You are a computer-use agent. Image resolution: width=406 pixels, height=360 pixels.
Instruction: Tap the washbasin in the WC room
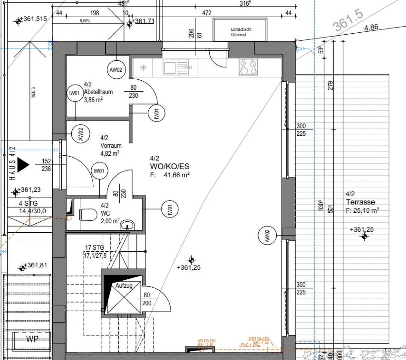pos(127,225)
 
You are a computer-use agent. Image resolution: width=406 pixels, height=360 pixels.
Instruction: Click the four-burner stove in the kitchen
pos(248,67)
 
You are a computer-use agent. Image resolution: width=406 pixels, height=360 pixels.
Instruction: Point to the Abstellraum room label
pos(98,92)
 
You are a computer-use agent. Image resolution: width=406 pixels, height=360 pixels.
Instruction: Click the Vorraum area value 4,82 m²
pos(110,153)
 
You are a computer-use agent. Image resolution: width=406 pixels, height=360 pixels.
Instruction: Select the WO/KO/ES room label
pos(169,166)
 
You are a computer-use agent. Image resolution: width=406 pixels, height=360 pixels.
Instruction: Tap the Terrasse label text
pos(360,202)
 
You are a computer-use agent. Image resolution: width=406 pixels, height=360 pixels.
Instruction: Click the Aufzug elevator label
pos(124,286)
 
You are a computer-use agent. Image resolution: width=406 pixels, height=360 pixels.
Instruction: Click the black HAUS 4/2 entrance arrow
pos(23,165)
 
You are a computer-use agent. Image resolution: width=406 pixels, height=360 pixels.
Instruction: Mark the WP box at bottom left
pos(32,339)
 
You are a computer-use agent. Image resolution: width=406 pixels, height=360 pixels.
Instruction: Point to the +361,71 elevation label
pos(143,22)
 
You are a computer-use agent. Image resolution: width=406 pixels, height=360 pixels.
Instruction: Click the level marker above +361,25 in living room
pos(191,260)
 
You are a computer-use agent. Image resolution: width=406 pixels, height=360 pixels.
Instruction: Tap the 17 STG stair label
pos(94,248)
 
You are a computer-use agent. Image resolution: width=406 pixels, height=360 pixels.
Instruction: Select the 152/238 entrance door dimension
pos(46,165)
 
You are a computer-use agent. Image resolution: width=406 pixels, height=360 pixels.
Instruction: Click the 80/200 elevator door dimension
pos(147,299)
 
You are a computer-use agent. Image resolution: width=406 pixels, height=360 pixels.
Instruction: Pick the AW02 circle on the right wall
pos(267,235)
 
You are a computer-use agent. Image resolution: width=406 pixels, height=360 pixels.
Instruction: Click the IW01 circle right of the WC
pos(169,210)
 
